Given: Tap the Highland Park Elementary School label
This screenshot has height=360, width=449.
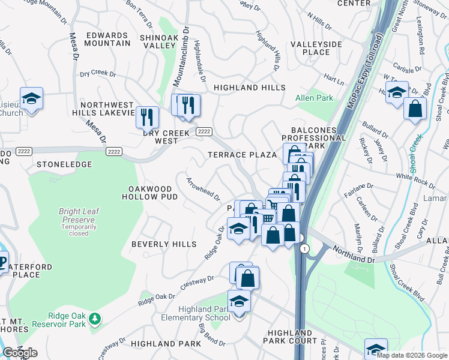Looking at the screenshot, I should pos(195,313).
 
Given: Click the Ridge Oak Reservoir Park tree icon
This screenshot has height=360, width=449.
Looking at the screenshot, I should pos(94,317).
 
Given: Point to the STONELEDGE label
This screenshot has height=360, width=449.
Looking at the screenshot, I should pos(64,164).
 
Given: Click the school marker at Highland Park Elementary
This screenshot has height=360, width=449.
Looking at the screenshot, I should pos(239,301).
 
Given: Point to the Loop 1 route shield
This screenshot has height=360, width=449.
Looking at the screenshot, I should pos(305,248).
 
